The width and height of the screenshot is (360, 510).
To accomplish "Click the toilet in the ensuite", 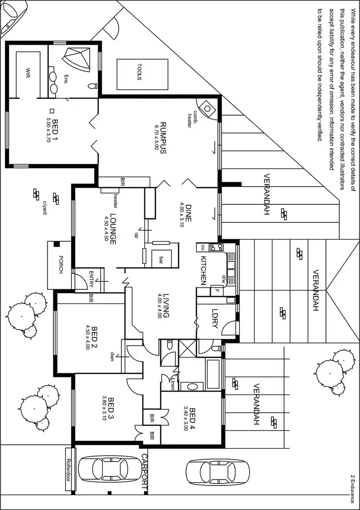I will coord(92,86).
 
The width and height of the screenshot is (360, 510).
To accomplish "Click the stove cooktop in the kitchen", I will coord(216,248).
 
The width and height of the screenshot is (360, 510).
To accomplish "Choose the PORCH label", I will coord(61,270).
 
